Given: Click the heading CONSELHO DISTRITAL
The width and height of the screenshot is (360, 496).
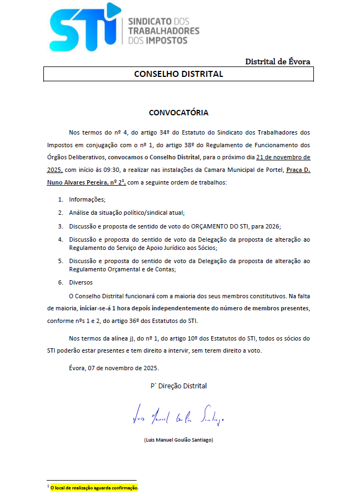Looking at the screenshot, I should [x=178, y=74].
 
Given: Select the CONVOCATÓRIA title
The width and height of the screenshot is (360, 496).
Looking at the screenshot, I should [x=178, y=113].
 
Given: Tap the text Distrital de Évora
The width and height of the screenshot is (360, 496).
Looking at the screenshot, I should [x=278, y=62].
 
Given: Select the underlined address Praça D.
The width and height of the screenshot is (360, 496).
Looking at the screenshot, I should [x=299, y=170].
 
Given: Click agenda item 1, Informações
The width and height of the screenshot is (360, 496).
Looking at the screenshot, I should [x=87, y=199].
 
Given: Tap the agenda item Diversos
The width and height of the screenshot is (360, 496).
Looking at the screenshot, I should [x=81, y=282].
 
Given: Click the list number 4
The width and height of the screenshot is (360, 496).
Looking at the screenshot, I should [x=61, y=239].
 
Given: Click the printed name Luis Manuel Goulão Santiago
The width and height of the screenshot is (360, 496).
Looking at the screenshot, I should [x=178, y=440].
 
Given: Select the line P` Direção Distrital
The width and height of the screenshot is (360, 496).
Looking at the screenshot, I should [x=179, y=386].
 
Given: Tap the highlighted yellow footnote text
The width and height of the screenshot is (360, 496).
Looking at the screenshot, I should [x=94, y=487].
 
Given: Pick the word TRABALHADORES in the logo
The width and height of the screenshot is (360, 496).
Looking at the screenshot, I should [x=164, y=31].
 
